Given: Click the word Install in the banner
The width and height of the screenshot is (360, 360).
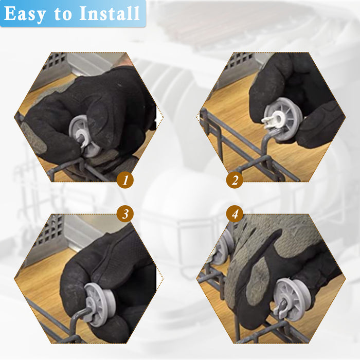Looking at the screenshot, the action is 109,13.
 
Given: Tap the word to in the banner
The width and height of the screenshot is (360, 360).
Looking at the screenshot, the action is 62,14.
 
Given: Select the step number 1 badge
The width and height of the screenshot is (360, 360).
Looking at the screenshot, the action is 125,180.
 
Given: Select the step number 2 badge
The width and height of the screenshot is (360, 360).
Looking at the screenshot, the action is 235,180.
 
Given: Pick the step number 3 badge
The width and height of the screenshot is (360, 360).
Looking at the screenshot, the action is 125,214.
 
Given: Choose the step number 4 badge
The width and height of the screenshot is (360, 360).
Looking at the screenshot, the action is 235,214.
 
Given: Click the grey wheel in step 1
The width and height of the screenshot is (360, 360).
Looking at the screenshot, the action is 84,137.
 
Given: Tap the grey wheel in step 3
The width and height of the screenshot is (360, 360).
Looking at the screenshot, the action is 99,304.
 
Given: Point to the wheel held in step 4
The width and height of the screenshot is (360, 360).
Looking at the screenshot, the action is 292,299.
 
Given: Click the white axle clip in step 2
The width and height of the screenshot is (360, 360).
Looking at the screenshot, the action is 271,122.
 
